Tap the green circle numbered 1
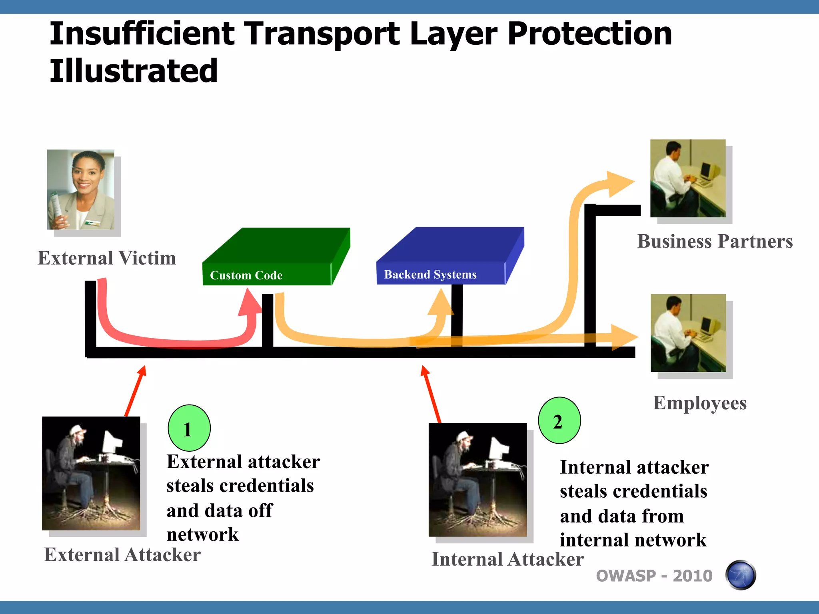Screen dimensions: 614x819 point(189,428)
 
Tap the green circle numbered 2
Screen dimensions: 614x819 point(559,421)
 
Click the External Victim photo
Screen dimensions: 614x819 point(80,189)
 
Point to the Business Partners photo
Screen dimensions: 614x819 point(687,178)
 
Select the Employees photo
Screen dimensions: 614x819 point(688,333)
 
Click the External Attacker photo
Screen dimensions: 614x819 point(91,473)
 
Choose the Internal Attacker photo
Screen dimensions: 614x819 point(477,480)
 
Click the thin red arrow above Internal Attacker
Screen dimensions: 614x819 point(432,394)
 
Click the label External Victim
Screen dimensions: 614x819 point(107,258)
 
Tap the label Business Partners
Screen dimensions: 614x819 point(715,241)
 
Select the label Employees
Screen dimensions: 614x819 point(699,403)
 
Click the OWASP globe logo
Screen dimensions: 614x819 point(740,575)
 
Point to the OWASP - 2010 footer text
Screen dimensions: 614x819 point(654,576)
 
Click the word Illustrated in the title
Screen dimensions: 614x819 point(134,71)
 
